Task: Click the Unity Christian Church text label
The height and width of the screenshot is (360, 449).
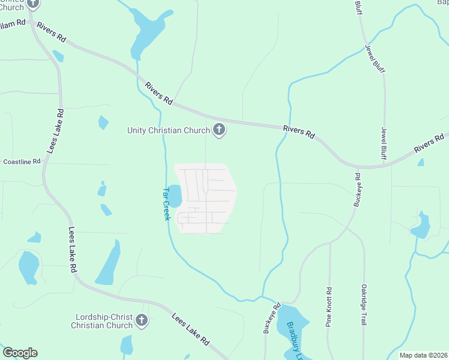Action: (x=167, y=130)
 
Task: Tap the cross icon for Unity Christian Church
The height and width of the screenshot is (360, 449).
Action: (x=219, y=129)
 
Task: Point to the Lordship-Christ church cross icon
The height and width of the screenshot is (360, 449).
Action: (x=142, y=320)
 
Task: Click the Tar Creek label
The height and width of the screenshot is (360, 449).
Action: (x=167, y=204)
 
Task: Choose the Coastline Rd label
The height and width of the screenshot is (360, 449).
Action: (x=22, y=161)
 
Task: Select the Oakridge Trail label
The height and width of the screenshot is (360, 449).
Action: (x=363, y=305)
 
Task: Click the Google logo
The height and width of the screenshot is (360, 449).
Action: (x=20, y=353)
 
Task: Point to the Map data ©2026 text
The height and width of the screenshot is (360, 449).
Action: (x=423, y=355)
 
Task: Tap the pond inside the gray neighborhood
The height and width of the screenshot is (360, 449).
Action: (x=174, y=196)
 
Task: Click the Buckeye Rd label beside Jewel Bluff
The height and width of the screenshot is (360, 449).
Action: (x=357, y=190)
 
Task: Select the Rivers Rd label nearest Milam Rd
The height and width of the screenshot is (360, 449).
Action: (x=51, y=32)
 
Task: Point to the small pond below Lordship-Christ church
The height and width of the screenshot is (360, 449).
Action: (x=126, y=346)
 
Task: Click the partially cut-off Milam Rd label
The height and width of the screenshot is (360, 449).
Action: (x=13, y=22)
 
